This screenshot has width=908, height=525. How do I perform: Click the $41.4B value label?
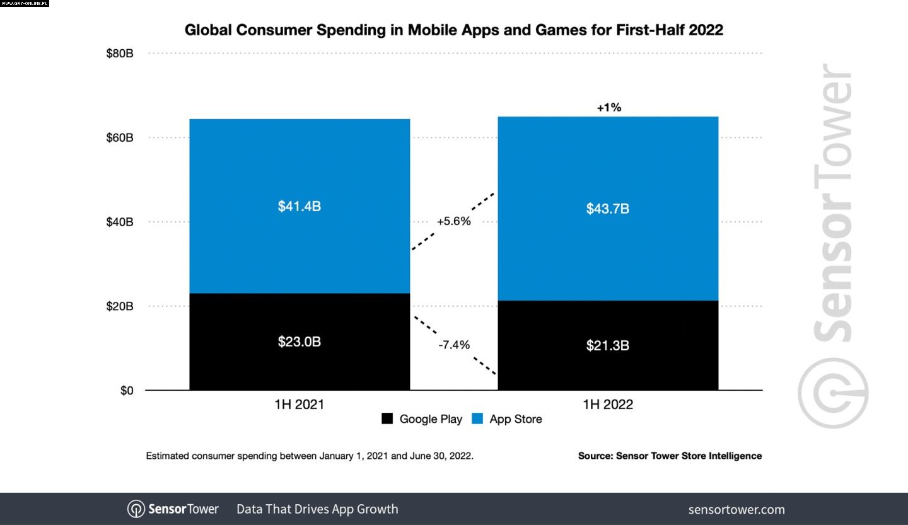[x=300, y=206]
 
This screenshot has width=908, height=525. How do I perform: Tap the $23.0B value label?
[x=300, y=342]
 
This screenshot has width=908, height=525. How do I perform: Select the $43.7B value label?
[x=608, y=209]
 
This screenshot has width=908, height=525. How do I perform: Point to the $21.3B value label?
[x=608, y=345]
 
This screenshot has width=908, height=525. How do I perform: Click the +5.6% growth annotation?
[x=453, y=221]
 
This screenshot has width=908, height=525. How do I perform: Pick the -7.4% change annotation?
[x=453, y=345]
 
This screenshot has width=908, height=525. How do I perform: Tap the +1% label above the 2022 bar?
[x=609, y=108]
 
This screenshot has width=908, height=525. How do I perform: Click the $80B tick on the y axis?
[x=120, y=54]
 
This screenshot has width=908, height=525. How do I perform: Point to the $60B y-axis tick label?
[x=120, y=137]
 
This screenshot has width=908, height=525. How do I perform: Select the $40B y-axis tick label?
[x=120, y=222]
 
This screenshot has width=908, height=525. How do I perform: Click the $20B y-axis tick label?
[x=120, y=306]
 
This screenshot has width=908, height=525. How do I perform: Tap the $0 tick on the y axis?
[x=127, y=391]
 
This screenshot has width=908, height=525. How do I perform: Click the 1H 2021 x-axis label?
[x=299, y=405]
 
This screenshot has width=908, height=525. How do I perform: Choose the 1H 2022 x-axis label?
[x=608, y=405]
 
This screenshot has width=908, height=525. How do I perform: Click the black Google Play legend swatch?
[x=388, y=418]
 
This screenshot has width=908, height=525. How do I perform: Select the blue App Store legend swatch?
[x=477, y=418]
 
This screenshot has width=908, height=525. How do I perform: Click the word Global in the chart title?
[x=207, y=30]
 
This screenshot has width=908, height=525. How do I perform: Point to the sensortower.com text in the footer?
[x=736, y=509]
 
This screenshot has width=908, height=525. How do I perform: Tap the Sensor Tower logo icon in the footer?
[x=136, y=509]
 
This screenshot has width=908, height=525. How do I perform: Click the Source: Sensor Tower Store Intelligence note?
[x=670, y=456]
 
